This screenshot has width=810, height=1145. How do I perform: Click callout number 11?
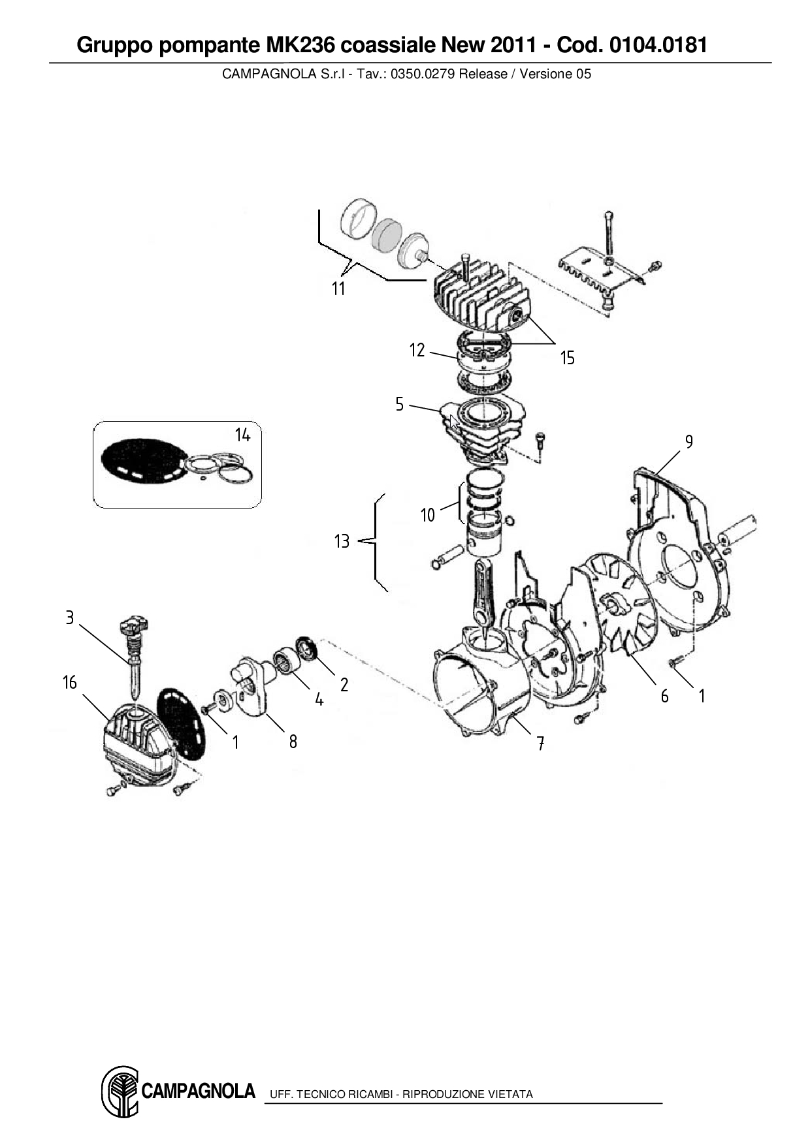point(338,289)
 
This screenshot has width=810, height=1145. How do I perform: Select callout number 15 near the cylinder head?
point(567,358)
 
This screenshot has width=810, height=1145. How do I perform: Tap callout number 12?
point(417,351)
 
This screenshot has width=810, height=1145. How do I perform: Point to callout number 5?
point(400,404)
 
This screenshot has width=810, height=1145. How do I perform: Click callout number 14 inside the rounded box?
point(243,435)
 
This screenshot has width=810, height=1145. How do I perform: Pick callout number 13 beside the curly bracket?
point(342,541)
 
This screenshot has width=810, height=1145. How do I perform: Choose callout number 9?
point(689,442)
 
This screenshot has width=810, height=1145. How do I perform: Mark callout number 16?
point(70,683)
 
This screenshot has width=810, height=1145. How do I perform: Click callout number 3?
point(70,617)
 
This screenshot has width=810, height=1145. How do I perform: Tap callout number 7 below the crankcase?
point(541,743)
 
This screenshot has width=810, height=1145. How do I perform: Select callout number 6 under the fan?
point(664,696)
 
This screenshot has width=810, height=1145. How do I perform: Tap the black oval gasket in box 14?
point(141,461)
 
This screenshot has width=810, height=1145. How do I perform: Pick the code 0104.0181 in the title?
point(658,45)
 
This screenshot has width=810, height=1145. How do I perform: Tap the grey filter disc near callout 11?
point(386,232)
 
